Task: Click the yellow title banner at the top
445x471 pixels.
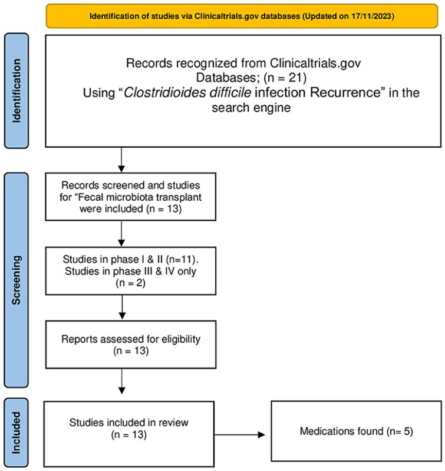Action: pos(242,16)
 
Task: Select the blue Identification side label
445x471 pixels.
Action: pos(17,91)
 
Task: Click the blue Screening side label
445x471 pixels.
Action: pos(17,280)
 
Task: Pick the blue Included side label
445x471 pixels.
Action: pos(17,433)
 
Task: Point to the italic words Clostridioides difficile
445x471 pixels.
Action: pos(187,92)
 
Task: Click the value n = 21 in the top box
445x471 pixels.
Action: pos(285,78)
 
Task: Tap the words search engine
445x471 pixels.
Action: pos(251,108)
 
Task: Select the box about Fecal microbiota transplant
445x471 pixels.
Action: pos(130,197)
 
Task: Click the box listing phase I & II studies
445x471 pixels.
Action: pos(130,271)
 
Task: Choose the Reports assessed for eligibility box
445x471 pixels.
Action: pos(130,344)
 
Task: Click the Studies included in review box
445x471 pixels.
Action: pos(129,434)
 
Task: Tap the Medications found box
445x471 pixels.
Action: pos(357,431)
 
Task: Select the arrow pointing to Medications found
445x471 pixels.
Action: pos(240,434)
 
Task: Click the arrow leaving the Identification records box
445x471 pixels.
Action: pos(121,160)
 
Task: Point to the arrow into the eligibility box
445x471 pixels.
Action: pos(122,307)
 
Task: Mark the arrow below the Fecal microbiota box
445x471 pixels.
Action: pos(121,234)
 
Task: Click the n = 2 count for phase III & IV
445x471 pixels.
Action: pos(130,283)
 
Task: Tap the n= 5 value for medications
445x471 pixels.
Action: pos(400,432)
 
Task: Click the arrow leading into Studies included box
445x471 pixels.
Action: pos(122,382)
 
